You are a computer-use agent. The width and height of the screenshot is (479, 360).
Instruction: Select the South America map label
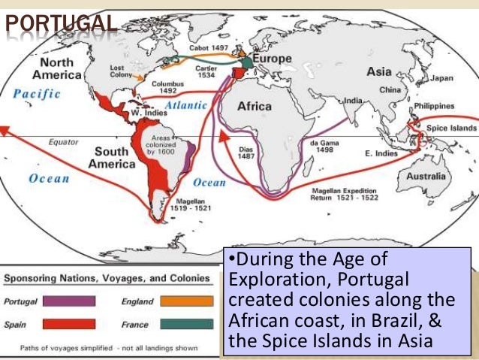point(111,157)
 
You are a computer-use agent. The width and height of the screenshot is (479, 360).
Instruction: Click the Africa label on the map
point(255,107)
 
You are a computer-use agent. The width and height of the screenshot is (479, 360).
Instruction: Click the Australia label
point(426,177)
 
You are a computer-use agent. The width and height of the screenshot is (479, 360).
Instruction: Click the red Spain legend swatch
point(70,324)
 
